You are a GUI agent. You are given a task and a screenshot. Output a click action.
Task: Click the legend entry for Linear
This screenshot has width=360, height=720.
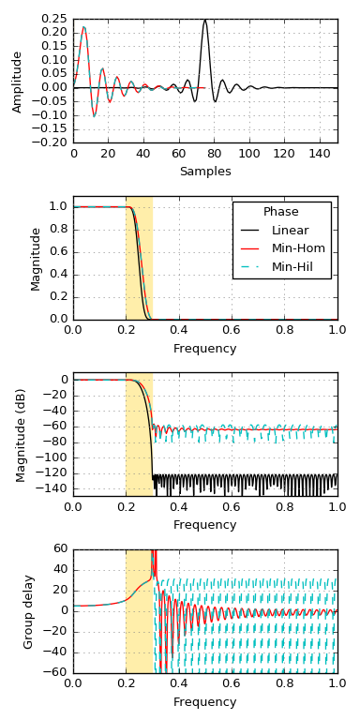tap(290, 231)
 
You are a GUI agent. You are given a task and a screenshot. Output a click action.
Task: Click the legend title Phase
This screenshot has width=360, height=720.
tap(281, 212)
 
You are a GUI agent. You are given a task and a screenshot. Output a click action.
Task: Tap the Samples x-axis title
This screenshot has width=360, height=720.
tap(204, 172)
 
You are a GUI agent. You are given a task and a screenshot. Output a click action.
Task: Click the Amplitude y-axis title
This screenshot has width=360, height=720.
tap(17, 82)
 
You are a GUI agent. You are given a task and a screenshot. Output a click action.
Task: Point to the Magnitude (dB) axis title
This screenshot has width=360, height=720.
tap(21, 434)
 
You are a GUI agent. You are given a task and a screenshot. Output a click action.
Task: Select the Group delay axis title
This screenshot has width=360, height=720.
tap(29, 611)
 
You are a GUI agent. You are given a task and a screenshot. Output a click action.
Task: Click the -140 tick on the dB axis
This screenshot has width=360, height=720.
tap(52, 488)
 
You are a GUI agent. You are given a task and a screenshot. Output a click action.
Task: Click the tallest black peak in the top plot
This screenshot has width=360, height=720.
tap(205, 20)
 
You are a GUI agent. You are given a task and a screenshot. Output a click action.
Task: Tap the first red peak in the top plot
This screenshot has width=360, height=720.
tap(83, 27)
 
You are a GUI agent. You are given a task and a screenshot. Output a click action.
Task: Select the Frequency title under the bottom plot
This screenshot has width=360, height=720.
tap(204, 702)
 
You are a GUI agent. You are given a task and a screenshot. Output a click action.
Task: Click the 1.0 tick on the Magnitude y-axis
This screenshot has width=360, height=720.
tap(58, 206)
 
